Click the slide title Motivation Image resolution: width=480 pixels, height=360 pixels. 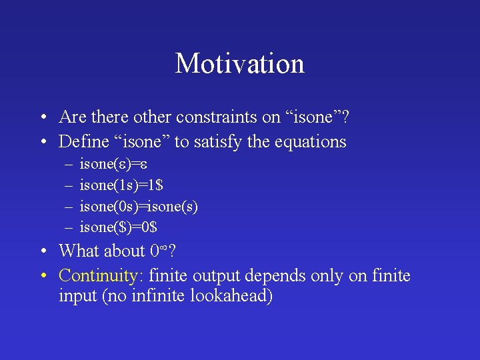click(x=240, y=64)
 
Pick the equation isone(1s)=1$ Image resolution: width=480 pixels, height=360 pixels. click(x=121, y=185)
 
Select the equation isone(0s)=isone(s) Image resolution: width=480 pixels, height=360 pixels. click(x=139, y=206)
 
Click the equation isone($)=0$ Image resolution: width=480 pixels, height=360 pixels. click(x=118, y=227)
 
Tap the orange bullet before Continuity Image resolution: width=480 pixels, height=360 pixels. click(x=43, y=275)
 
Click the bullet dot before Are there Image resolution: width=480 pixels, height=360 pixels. click(x=43, y=118)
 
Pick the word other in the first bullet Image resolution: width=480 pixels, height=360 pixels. click(x=153, y=117)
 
